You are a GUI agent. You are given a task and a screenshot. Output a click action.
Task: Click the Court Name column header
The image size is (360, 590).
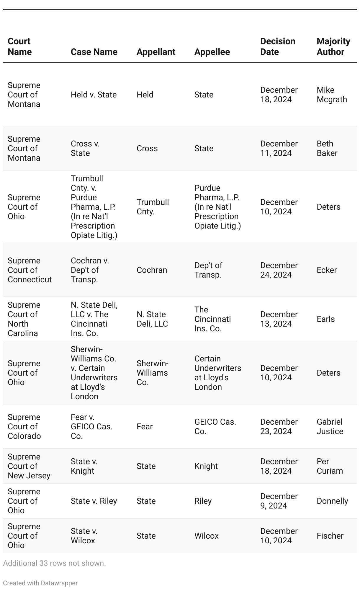(19, 47)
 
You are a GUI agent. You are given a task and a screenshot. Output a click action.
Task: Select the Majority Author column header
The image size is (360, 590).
(333, 47)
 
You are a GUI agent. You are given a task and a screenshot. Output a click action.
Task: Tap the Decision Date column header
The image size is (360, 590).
(277, 47)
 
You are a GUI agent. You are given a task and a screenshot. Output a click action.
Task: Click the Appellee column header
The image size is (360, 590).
(212, 52)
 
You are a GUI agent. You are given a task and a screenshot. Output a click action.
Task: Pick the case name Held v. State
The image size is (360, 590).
(94, 95)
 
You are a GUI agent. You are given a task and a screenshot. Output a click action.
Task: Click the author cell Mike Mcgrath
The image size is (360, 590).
(332, 95)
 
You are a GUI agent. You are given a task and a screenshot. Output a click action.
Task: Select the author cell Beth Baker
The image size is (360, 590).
(327, 149)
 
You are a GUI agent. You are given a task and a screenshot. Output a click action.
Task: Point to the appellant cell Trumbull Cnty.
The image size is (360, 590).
(153, 207)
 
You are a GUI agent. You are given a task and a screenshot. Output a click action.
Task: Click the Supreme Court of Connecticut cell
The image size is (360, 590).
(30, 270)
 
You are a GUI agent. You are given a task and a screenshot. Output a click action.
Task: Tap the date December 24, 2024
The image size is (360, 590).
(279, 270)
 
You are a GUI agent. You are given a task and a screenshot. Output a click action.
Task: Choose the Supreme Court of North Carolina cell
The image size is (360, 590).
(23, 319)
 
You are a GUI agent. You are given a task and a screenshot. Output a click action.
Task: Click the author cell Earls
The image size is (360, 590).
(325, 319)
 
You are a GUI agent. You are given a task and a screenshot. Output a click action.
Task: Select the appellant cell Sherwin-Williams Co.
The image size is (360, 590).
(152, 373)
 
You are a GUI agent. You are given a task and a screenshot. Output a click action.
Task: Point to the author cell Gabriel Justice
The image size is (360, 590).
(330, 427)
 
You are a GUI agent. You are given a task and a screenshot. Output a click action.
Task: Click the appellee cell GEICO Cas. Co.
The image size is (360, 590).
(215, 427)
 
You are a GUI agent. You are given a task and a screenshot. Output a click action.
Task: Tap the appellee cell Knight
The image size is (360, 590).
(206, 466)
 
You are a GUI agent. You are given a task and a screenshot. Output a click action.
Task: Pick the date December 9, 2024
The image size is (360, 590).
(279, 501)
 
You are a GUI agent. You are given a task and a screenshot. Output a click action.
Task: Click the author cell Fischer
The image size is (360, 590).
(330, 536)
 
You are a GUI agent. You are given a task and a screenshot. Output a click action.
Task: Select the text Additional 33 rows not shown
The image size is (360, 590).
(54, 563)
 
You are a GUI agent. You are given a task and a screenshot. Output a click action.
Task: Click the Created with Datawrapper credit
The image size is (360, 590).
(40, 583)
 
